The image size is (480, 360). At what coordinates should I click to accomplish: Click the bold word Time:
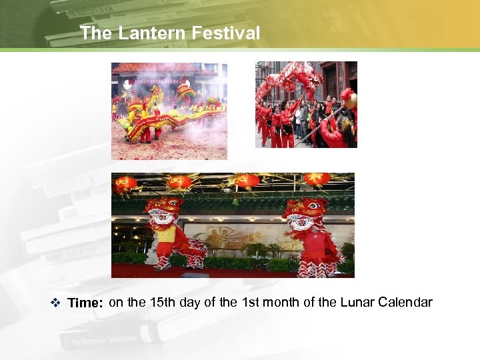tap(85, 303)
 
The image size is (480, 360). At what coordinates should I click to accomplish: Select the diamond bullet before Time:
tap(55, 303)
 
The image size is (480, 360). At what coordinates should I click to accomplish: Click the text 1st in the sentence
tap(250, 303)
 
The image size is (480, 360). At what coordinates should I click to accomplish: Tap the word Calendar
tap(405, 303)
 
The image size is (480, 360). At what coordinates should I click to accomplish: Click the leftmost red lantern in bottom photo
tap(125, 184)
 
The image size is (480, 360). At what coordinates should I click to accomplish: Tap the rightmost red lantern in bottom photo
tap(317, 180)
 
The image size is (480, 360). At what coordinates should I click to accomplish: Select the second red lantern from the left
tap(180, 182)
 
